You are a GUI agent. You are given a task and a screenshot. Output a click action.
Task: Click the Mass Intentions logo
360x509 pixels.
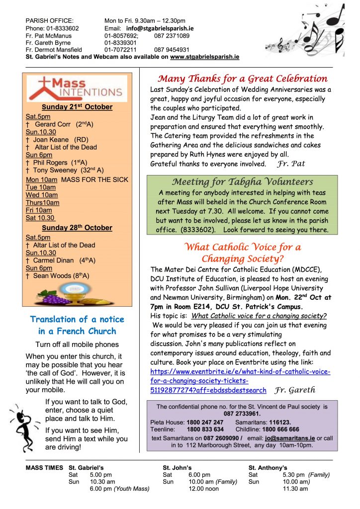pyautogui.click(x=77, y=88)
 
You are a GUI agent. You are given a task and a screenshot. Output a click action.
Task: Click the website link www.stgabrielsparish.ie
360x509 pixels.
pyautogui.click(x=204, y=57)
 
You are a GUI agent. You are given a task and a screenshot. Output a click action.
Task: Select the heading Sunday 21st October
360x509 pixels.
pyautogui.click(x=77, y=107)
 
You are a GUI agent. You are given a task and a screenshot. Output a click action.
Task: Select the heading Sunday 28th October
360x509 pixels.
pyautogui.click(x=77, y=228)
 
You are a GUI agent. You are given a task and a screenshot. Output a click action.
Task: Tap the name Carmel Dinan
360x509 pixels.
pyautogui.click(x=54, y=260)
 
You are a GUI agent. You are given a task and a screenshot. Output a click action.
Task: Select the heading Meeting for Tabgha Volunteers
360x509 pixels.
pyautogui.click(x=242, y=181)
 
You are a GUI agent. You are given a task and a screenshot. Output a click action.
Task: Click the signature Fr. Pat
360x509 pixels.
pyautogui.click(x=292, y=163)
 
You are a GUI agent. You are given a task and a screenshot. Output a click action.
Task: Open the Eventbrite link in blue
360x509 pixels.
pyautogui.click(x=240, y=381)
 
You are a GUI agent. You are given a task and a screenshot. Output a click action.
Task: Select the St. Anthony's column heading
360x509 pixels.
pyautogui.click(x=268, y=468)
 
